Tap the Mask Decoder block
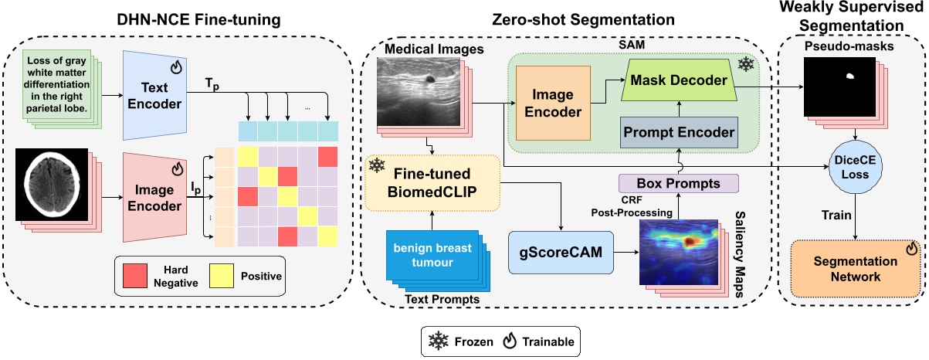pos(677,80)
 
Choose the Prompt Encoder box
pos(677,133)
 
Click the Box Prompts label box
pos(677,185)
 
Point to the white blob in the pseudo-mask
pos(850,76)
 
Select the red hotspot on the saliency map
pos(690,241)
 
